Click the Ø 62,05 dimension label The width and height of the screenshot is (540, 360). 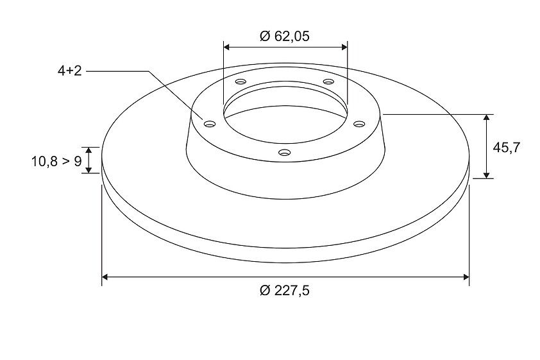[x=285, y=36]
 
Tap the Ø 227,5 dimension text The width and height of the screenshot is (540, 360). [x=285, y=291]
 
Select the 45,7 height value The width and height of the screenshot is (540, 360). [x=506, y=148]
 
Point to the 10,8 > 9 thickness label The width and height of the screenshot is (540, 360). [x=56, y=161]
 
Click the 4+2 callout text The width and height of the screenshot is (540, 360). [x=70, y=71]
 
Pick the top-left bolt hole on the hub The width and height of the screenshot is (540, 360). [x=240, y=82]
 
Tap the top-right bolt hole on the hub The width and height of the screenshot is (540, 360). [x=328, y=81]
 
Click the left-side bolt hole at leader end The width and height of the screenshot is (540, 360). [x=209, y=124]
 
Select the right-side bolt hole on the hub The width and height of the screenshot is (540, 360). [x=359, y=124]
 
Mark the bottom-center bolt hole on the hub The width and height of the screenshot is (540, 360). [x=285, y=152]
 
